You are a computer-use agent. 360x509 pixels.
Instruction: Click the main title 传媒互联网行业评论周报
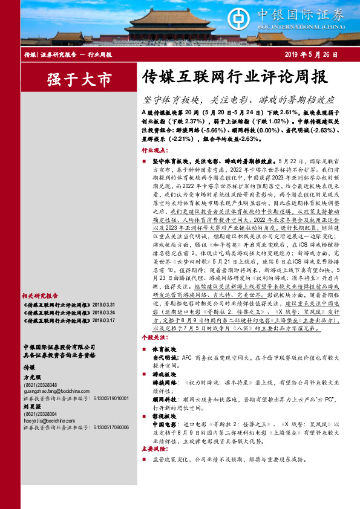pyautogui.click(x=234, y=77)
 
